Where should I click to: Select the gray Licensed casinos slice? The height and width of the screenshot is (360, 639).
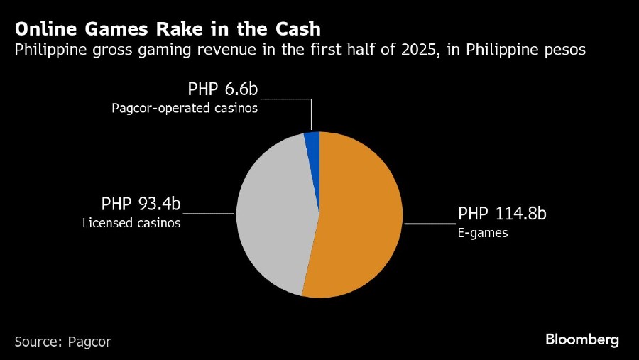(x=273, y=213)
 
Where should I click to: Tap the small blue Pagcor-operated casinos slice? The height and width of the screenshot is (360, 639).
(x=312, y=140)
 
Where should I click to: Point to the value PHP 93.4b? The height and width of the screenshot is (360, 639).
(x=141, y=205)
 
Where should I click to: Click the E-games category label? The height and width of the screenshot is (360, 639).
(x=483, y=232)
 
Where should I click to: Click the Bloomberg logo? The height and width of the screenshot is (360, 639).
(x=582, y=339)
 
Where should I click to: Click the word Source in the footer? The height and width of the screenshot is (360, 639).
(x=37, y=342)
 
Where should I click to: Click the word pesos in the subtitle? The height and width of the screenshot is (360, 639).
(x=563, y=50)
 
